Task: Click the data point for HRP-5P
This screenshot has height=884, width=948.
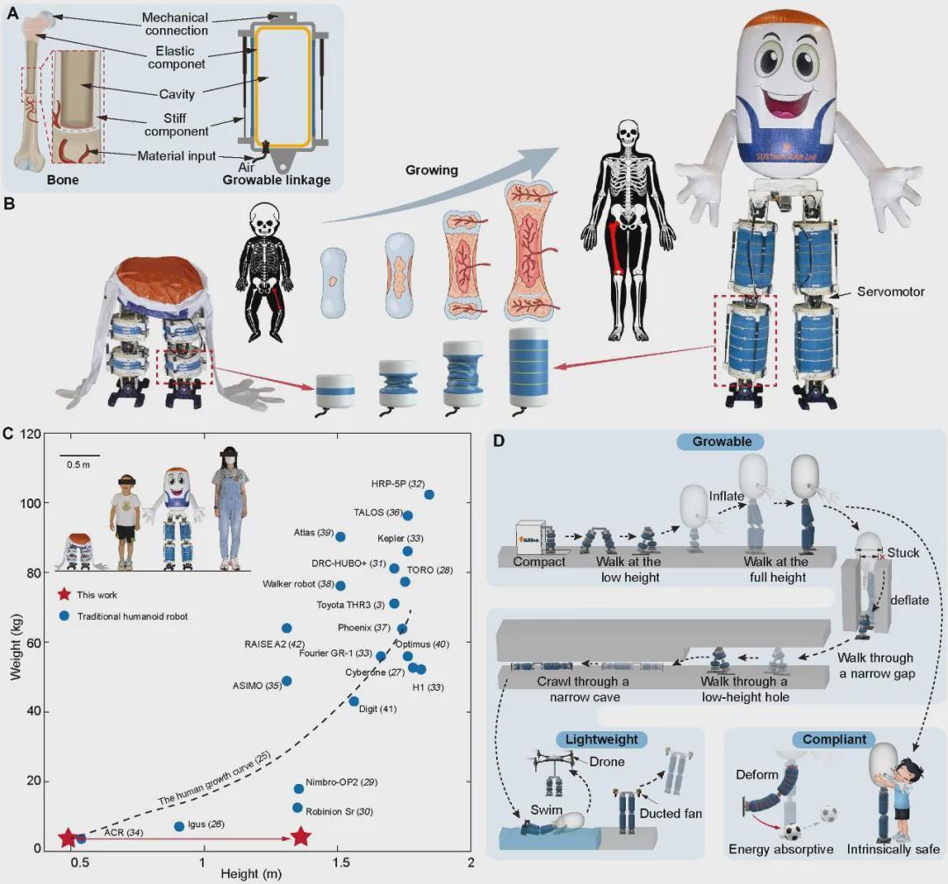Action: pos(429,494)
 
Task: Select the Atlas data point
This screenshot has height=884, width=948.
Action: pos(341,536)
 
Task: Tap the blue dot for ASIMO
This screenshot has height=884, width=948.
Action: pos(286,680)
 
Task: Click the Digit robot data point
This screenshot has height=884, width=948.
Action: pos(354,701)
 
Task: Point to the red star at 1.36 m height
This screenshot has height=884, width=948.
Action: pos(301,837)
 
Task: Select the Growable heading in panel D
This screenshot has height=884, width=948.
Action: pos(722,442)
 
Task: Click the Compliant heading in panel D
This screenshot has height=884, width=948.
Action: pos(834,740)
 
